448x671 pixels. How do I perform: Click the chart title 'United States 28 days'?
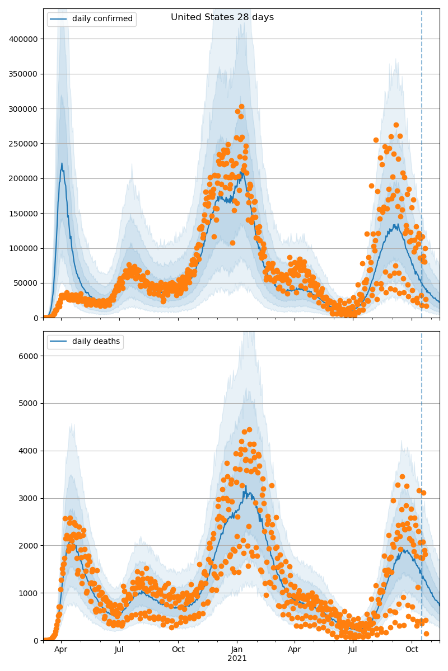(222, 17)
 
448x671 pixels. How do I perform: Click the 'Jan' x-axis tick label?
(236, 650)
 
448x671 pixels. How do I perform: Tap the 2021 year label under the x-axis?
(237, 658)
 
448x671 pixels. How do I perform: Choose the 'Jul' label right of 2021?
(353, 650)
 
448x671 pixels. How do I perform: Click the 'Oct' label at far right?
(412, 650)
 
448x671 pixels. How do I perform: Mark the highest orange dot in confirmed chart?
(241, 106)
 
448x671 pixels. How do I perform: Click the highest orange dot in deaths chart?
(249, 430)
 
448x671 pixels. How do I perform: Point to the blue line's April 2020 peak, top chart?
(62, 163)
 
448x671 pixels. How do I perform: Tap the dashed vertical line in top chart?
(422, 168)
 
